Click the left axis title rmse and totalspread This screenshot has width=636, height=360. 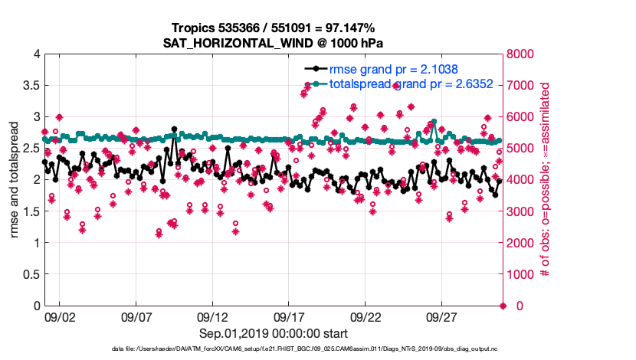(x=15, y=179)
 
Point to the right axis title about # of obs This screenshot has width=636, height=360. (x=546, y=179)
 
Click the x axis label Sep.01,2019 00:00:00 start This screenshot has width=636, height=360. (x=274, y=333)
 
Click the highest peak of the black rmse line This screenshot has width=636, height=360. (x=175, y=129)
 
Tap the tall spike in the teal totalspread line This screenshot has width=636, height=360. (x=434, y=122)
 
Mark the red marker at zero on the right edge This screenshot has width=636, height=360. (x=503, y=306)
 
